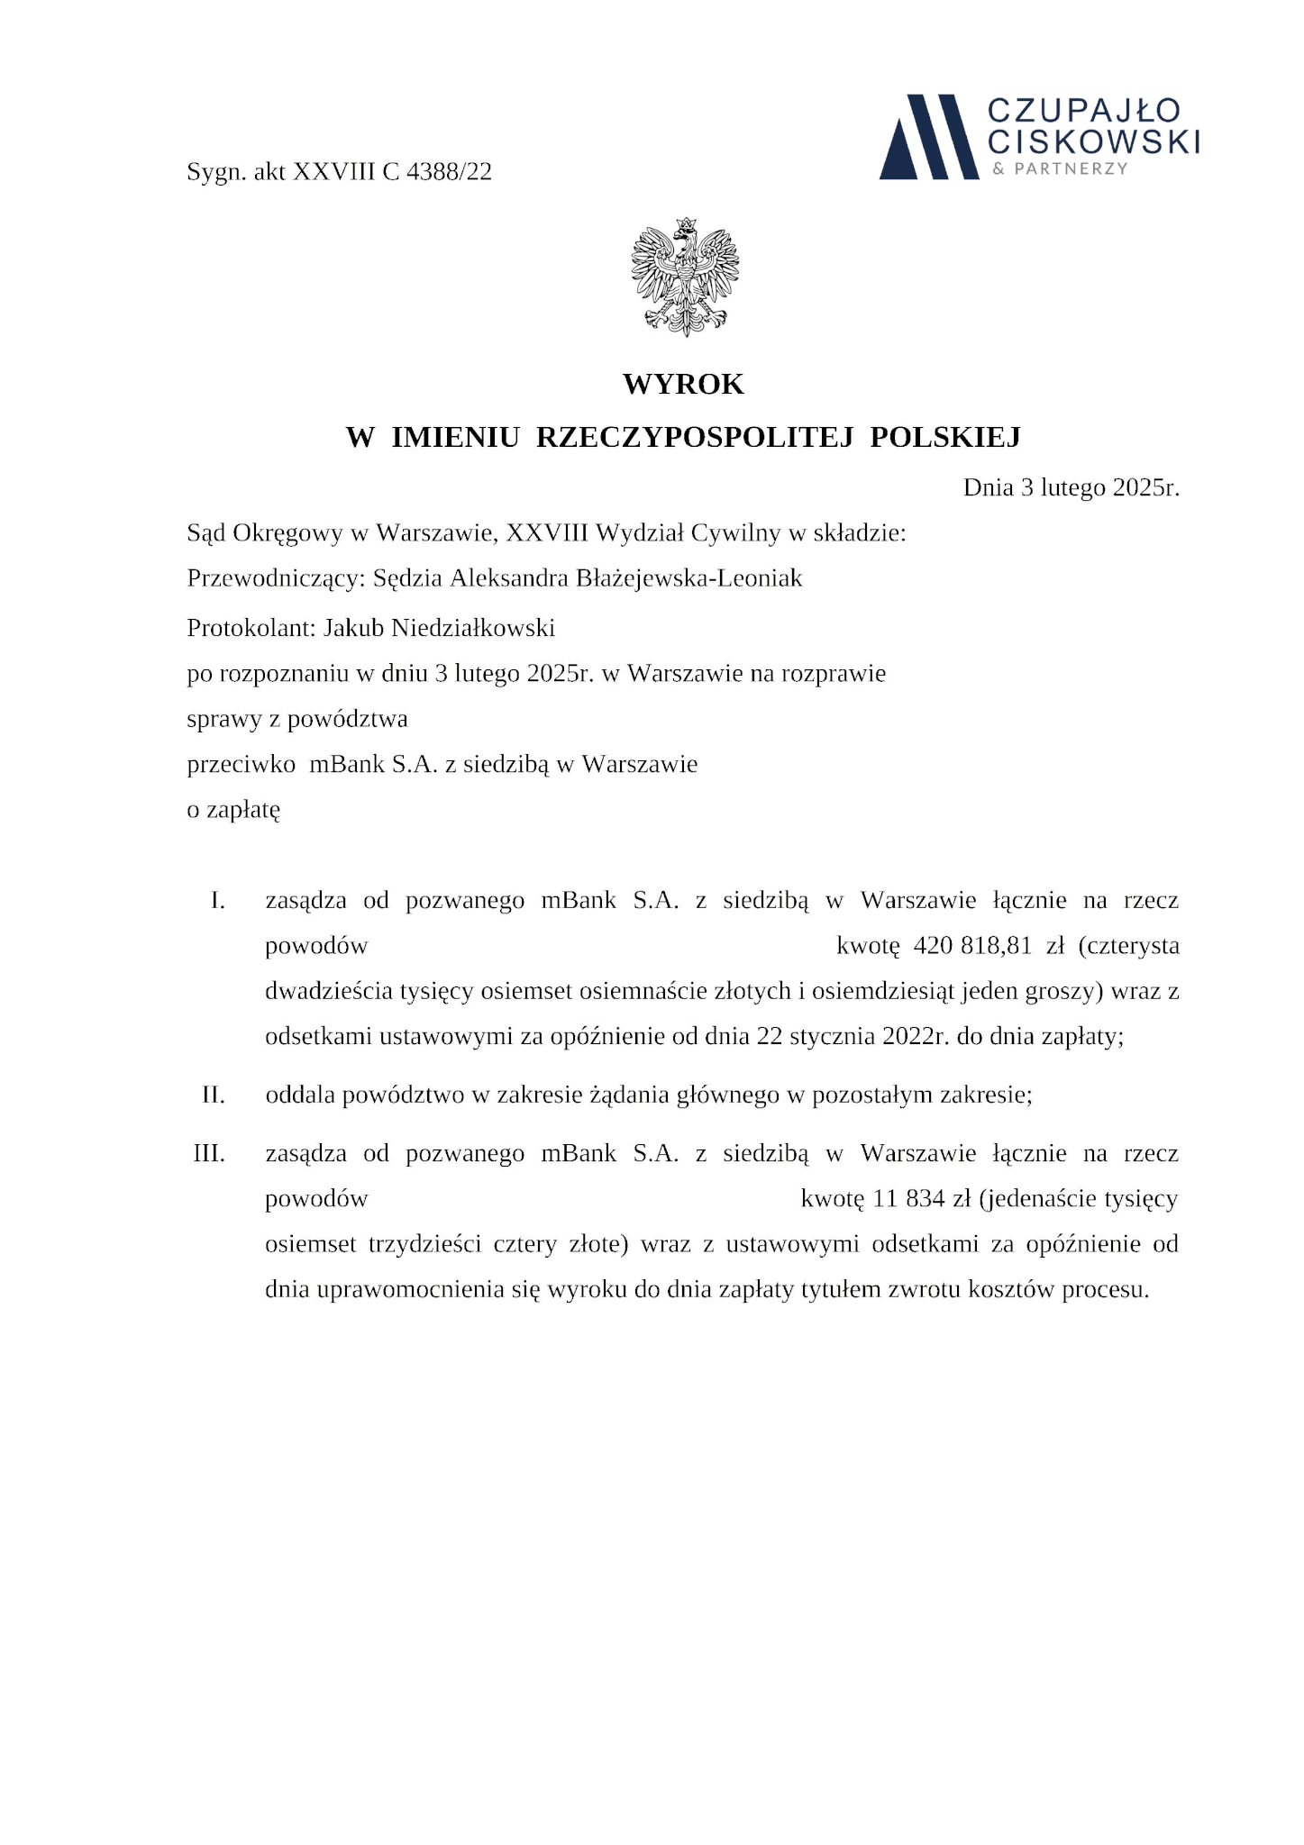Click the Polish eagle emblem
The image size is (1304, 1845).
click(685, 277)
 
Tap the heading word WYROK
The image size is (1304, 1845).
click(683, 385)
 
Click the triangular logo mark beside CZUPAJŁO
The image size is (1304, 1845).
click(928, 136)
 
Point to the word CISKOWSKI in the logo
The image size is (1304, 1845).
click(1093, 141)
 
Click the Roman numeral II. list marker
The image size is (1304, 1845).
click(213, 1095)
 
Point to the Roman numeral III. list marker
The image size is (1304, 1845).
click(209, 1153)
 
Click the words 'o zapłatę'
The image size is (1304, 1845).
click(233, 810)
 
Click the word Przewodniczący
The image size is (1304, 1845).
click(273, 578)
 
